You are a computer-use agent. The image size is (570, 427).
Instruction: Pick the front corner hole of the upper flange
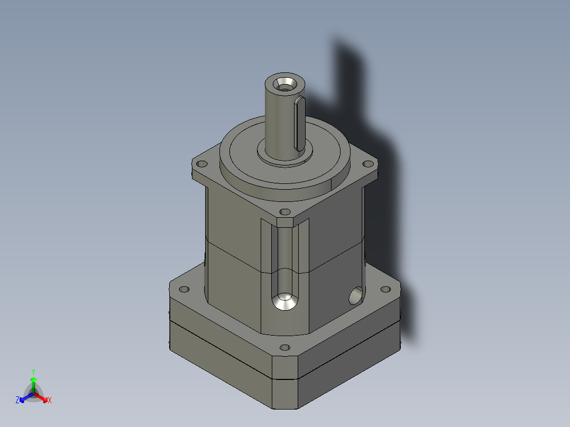point(285,211)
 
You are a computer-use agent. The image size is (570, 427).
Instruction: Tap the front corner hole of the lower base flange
point(285,348)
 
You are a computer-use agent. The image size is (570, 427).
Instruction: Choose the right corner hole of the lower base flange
point(385,289)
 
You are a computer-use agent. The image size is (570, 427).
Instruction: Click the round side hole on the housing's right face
point(356,296)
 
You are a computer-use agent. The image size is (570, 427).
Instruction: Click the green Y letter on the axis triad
point(33,372)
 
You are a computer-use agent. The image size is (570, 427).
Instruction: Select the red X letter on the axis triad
point(49,401)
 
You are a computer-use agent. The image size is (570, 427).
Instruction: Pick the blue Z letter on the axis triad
point(17,401)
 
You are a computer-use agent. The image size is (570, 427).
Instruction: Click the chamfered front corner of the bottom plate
point(285,394)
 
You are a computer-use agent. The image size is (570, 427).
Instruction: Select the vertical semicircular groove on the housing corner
point(284,254)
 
